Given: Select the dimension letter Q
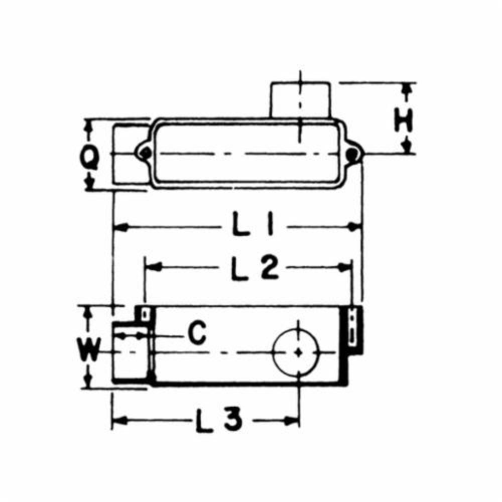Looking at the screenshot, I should pos(90,160).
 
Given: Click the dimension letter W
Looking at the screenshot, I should pos(89,349).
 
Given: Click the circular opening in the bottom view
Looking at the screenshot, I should pos(299,352).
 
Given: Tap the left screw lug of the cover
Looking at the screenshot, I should pos(145,152).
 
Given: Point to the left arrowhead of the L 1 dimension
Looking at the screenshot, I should pos(118,227).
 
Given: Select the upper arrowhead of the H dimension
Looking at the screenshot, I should pos(408,89).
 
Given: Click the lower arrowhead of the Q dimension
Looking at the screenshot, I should pos(90,185).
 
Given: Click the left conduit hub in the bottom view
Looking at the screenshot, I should pos(131,354).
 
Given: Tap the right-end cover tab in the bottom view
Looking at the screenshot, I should pos(354,329).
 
